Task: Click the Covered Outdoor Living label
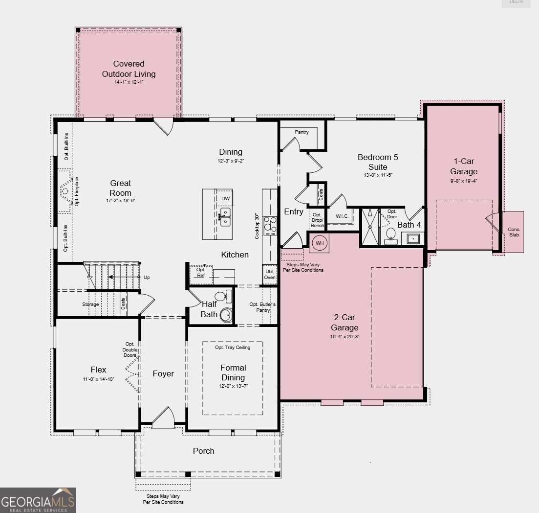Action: pos(129,69)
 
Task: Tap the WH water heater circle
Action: pos(320,243)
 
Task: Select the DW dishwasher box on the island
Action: pos(225,198)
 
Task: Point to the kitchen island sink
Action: pos(225,216)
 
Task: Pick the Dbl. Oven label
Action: pos(270,274)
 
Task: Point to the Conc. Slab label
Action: pos(514,232)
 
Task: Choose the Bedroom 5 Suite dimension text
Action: pos(378,175)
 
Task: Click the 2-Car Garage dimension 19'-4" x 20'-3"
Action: pos(345,336)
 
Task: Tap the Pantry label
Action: pos(302,132)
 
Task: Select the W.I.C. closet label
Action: pos(342,216)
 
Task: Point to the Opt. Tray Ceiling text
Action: pos(233,348)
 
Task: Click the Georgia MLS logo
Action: pos(38,500)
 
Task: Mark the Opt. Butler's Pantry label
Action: pos(262,307)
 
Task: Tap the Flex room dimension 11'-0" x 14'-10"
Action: pos(98,379)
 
